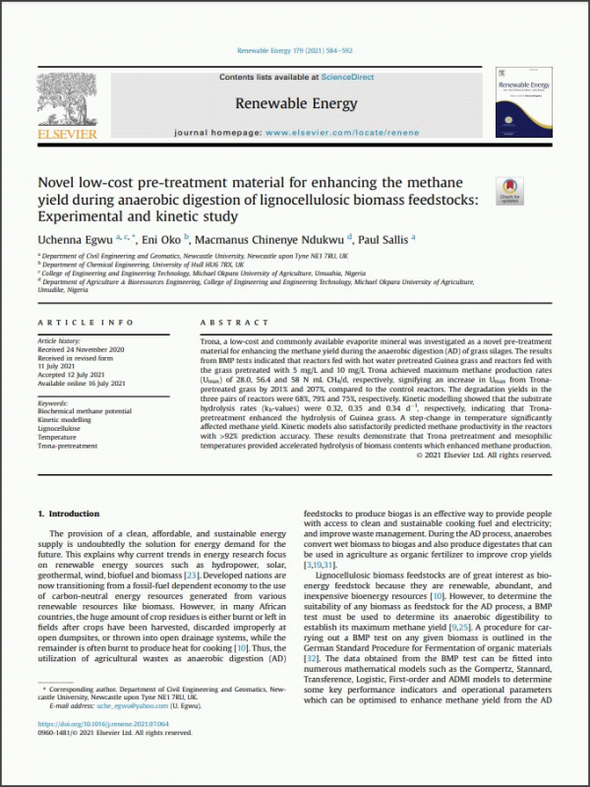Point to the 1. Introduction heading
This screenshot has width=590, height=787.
(x=68, y=514)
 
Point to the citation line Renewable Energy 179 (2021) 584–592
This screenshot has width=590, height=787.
(x=294, y=50)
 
